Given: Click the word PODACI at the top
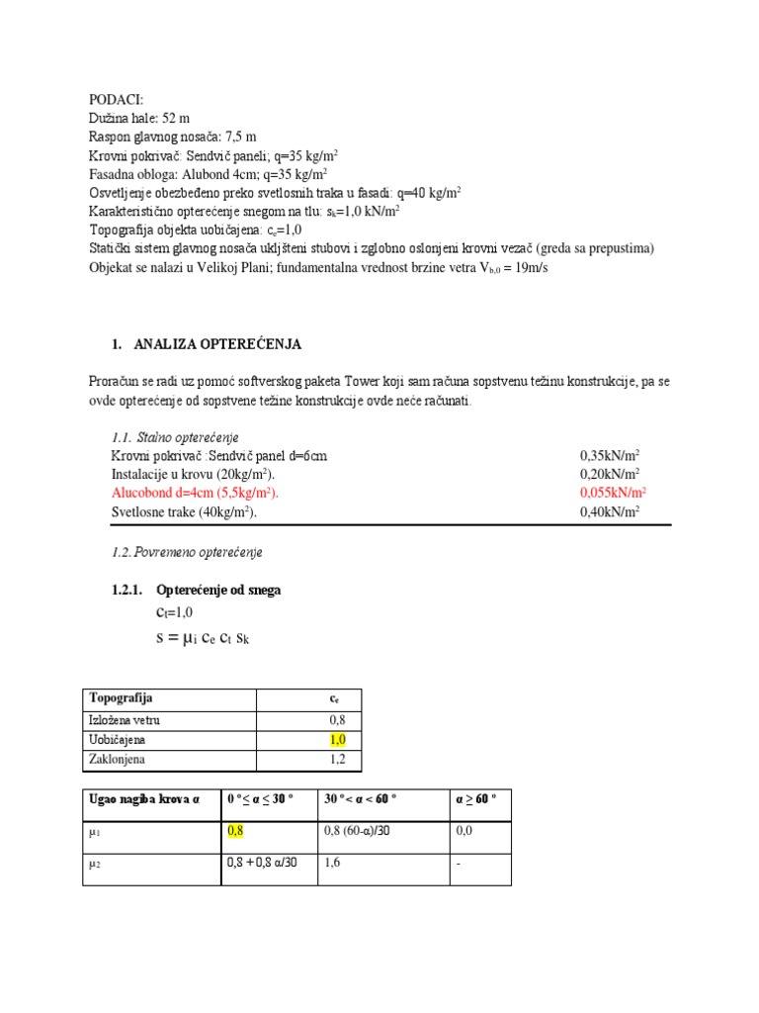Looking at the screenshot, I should (116, 100).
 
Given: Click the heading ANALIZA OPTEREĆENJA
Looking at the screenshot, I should (216, 344).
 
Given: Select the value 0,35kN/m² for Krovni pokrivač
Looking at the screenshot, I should (610, 456).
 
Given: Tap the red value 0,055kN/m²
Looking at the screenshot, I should (613, 493).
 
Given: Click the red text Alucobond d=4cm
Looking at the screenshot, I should (195, 493).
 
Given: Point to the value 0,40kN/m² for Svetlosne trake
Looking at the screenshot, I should (610, 511).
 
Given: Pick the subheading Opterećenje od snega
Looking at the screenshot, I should (218, 590).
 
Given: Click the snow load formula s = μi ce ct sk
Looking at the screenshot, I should (203, 639).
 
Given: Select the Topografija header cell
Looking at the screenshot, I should (122, 698).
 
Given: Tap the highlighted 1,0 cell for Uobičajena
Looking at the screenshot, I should (338, 740).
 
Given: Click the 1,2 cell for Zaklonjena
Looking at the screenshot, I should (337, 760).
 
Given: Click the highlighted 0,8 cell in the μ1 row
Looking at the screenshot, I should (235, 831).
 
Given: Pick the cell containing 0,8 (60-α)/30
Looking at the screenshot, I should (357, 831).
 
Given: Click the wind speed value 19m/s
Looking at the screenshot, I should (522, 268).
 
